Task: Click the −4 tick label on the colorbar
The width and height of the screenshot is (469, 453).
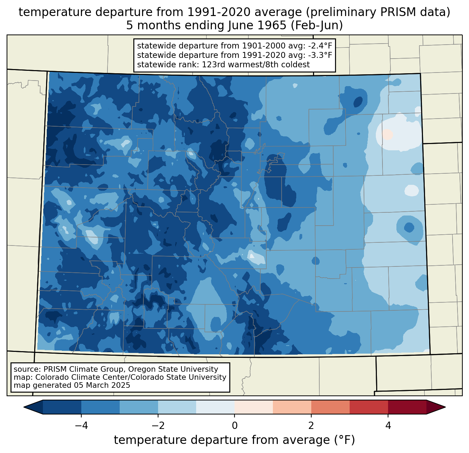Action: pyautogui.click(x=81, y=425)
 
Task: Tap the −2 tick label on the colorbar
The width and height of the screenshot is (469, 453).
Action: pyautogui.click(x=158, y=425)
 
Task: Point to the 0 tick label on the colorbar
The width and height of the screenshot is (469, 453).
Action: pyautogui.click(x=234, y=425)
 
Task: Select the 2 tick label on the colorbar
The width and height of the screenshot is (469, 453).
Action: pyautogui.click(x=311, y=425)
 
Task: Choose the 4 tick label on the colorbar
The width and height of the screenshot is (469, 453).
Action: pyautogui.click(x=388, y=425)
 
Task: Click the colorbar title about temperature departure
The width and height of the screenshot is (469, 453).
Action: pyautogui.click(x=234, y=440)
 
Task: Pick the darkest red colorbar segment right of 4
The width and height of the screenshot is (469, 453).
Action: pyautogui.click(x=407, y=407)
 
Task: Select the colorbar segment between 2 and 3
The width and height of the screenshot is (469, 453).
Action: pyautogui.click(x=330, y=407)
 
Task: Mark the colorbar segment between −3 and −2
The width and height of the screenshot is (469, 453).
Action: pyautogui.click(x=139, y=407)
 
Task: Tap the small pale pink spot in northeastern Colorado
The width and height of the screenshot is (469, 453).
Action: pyautogui.click(x=387, y=134)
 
